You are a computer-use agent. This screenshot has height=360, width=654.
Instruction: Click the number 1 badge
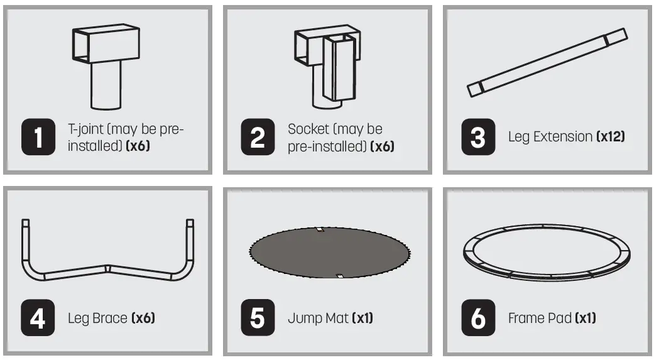pos(38,137)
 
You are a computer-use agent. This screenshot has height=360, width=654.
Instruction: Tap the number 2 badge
pos(258,137)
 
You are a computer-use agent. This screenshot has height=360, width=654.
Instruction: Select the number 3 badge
pos(478,137)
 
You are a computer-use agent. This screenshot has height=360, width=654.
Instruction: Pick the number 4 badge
pos(38,318)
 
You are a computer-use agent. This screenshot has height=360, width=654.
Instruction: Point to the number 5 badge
pos(258,318)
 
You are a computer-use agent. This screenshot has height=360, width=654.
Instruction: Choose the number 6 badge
pos(478,318)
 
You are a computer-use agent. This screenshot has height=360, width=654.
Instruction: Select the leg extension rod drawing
pos(547,63)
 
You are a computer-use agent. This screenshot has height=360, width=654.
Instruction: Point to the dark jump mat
pos(330,253)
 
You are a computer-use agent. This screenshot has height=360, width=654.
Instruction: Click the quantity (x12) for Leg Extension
pos(611,136)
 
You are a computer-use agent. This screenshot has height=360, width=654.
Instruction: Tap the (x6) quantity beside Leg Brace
pos(143,319)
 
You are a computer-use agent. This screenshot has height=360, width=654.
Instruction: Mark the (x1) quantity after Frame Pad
pos(585,319)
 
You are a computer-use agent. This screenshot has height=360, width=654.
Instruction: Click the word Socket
pos(308,129)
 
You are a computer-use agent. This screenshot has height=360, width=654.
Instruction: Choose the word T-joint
pos(86,129)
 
